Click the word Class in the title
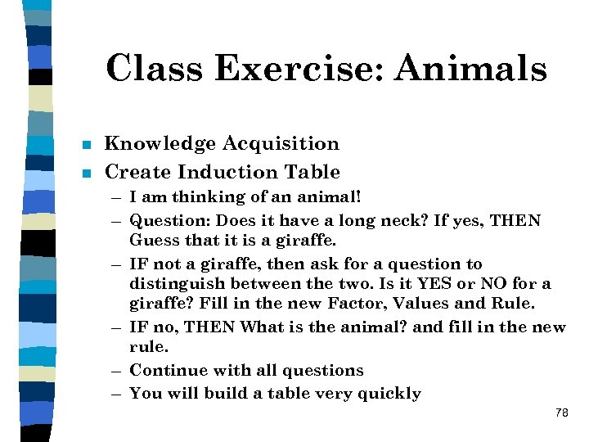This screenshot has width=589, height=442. pos(155,69)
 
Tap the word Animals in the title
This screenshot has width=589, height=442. pos(470,69)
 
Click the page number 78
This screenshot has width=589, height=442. pos(561,414)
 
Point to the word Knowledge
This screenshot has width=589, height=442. pos(160,144)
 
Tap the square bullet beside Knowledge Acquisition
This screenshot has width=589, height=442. pos(88,146)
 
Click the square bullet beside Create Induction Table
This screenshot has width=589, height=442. pos(88,174)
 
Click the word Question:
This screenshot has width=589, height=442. pos(168,221)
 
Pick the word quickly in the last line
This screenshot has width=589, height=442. pos(388,394)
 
